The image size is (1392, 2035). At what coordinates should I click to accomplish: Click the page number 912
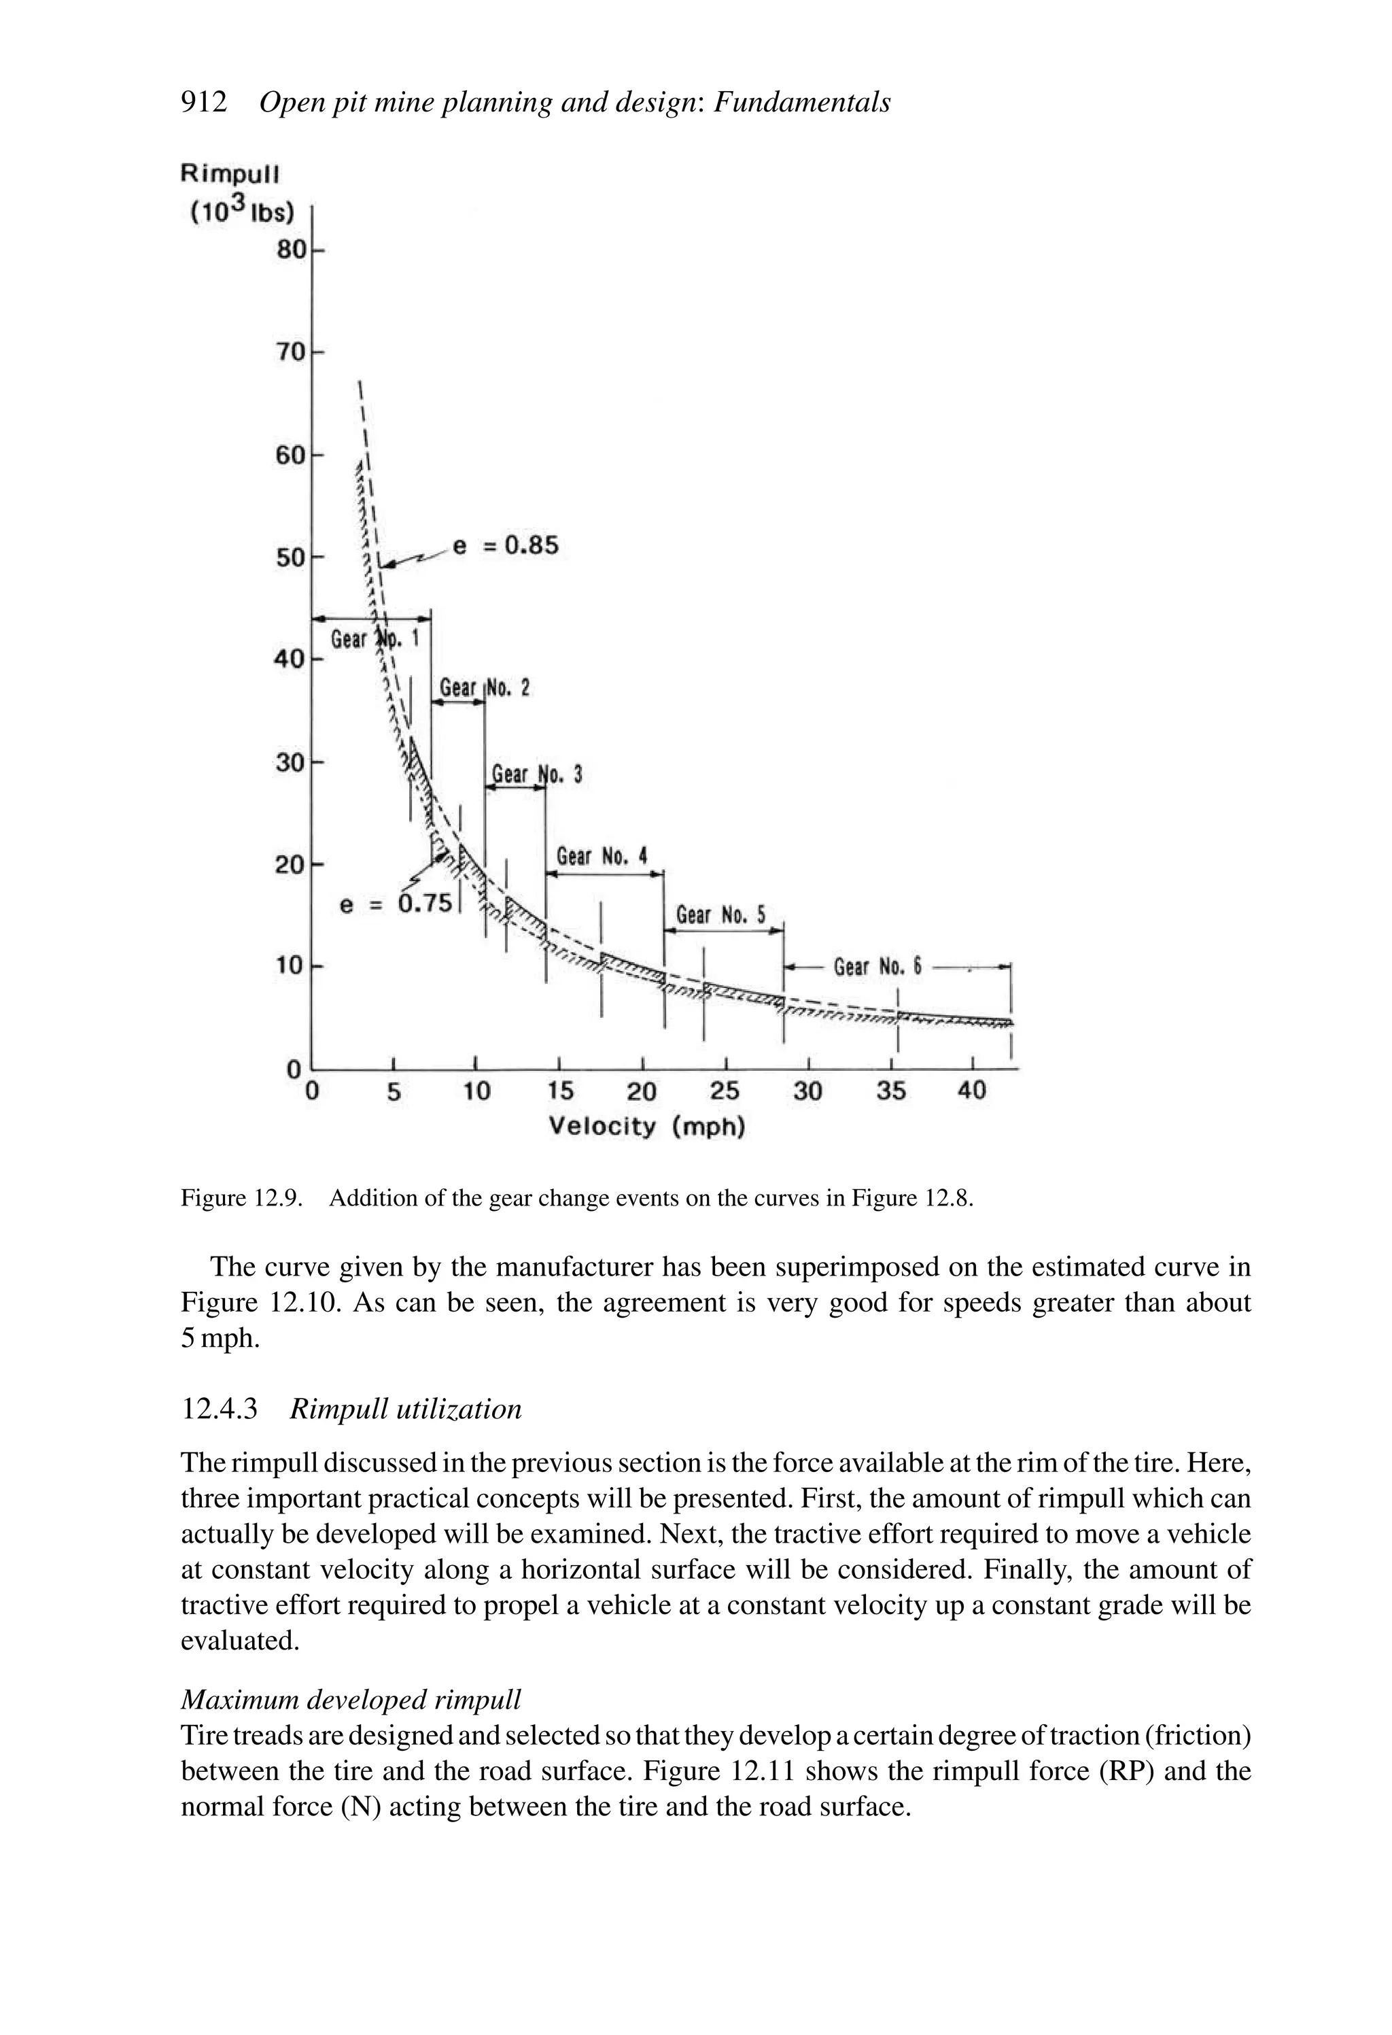point(204,103)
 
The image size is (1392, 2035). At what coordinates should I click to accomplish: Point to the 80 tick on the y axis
point(292,250)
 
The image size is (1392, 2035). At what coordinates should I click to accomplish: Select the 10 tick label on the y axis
point(290,967)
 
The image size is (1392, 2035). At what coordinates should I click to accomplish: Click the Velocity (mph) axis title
point(647,1127)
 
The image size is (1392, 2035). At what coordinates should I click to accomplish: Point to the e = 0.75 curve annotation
point(396,904)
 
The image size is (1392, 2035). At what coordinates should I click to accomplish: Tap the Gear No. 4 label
point(602,857)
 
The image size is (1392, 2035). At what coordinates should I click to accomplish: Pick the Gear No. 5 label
point(720,916)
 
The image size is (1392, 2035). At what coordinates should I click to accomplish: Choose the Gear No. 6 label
point(877,968)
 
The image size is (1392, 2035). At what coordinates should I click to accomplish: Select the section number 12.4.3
point(219,1409)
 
